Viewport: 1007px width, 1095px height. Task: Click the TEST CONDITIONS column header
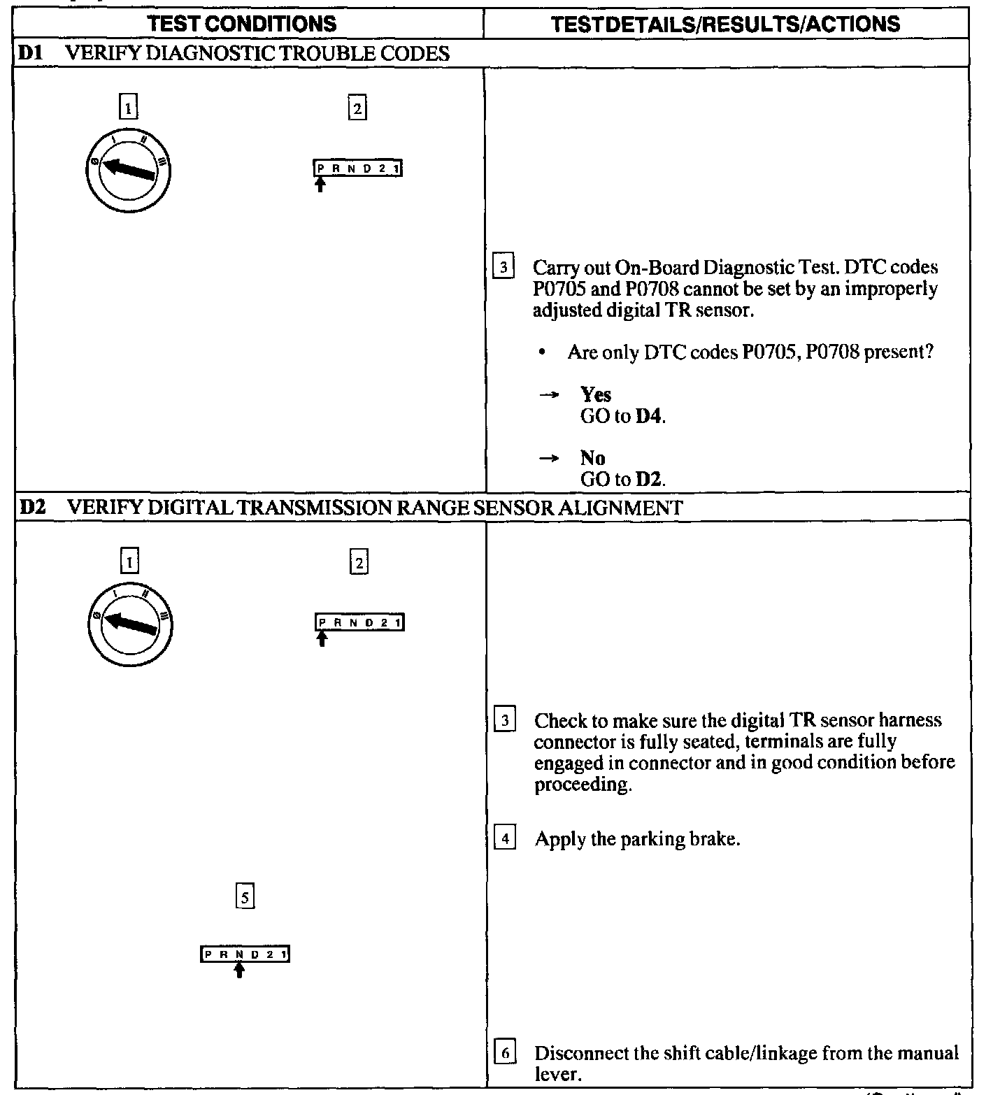pyautogui.click(x=242, y=24)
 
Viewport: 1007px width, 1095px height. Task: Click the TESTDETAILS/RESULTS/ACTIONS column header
pyautogui.click(x=725, y=24)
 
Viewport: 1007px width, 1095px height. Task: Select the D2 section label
pyautogui.click(x=31, y=507)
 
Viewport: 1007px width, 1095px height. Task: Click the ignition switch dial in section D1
pyautogui.click(x=129, y=171)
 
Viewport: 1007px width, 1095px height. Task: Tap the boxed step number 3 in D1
pyautogui.click(x=503, y=267)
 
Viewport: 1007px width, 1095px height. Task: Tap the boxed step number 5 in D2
pyautogui.click(x=244, y=897)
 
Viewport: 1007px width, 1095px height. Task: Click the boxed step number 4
pyautogui.click(x=505, y=838)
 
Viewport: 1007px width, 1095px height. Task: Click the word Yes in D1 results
pyautogui.click(x=596, y=394)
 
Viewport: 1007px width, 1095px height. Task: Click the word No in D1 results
pyautogui.click(x=592, y=458)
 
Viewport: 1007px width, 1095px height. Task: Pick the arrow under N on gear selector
pyautogui.click(x=239, y=970)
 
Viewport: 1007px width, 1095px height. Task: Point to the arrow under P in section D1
pyautogui.click(x=320, y=185)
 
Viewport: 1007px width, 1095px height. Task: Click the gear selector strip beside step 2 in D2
pyautogui.click(x=359, y=622)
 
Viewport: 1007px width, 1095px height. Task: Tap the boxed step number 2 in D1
pyautogui.click(x=357, y=108)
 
